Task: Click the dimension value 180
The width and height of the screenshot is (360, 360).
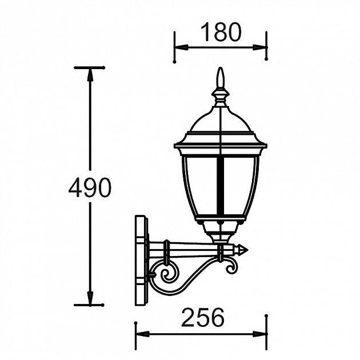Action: point(221,33)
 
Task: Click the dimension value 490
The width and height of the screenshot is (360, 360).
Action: point(90,187)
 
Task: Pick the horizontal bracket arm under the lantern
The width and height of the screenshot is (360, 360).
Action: point(189,249)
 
